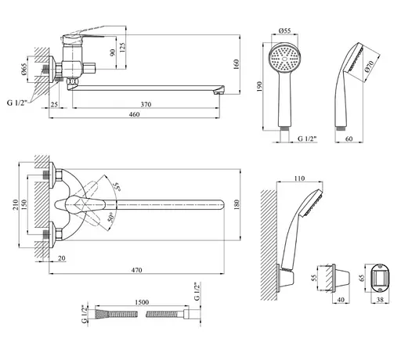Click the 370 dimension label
coord(146,104)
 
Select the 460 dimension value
coord(134,114)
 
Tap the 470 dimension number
coord(136,270)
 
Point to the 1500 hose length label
coord(142,302)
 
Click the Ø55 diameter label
coord(284,31)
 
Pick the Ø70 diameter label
coord(369,67)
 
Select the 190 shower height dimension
coord(259,86)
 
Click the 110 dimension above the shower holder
coord(299,178)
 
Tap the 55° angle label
coord(117,187)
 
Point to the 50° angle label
coord(111,217)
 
